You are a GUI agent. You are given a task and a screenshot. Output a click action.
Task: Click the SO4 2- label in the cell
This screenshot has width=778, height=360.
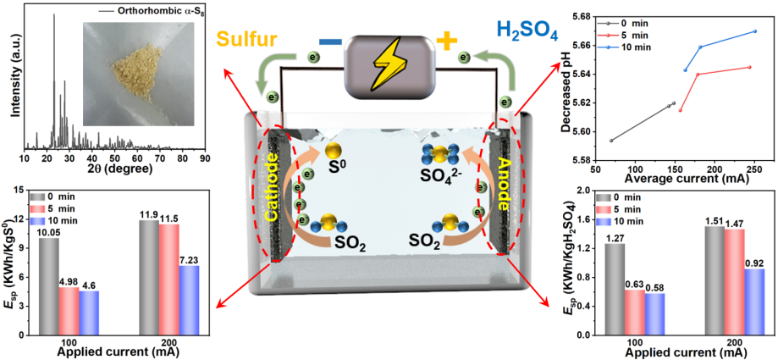click(439, 176)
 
